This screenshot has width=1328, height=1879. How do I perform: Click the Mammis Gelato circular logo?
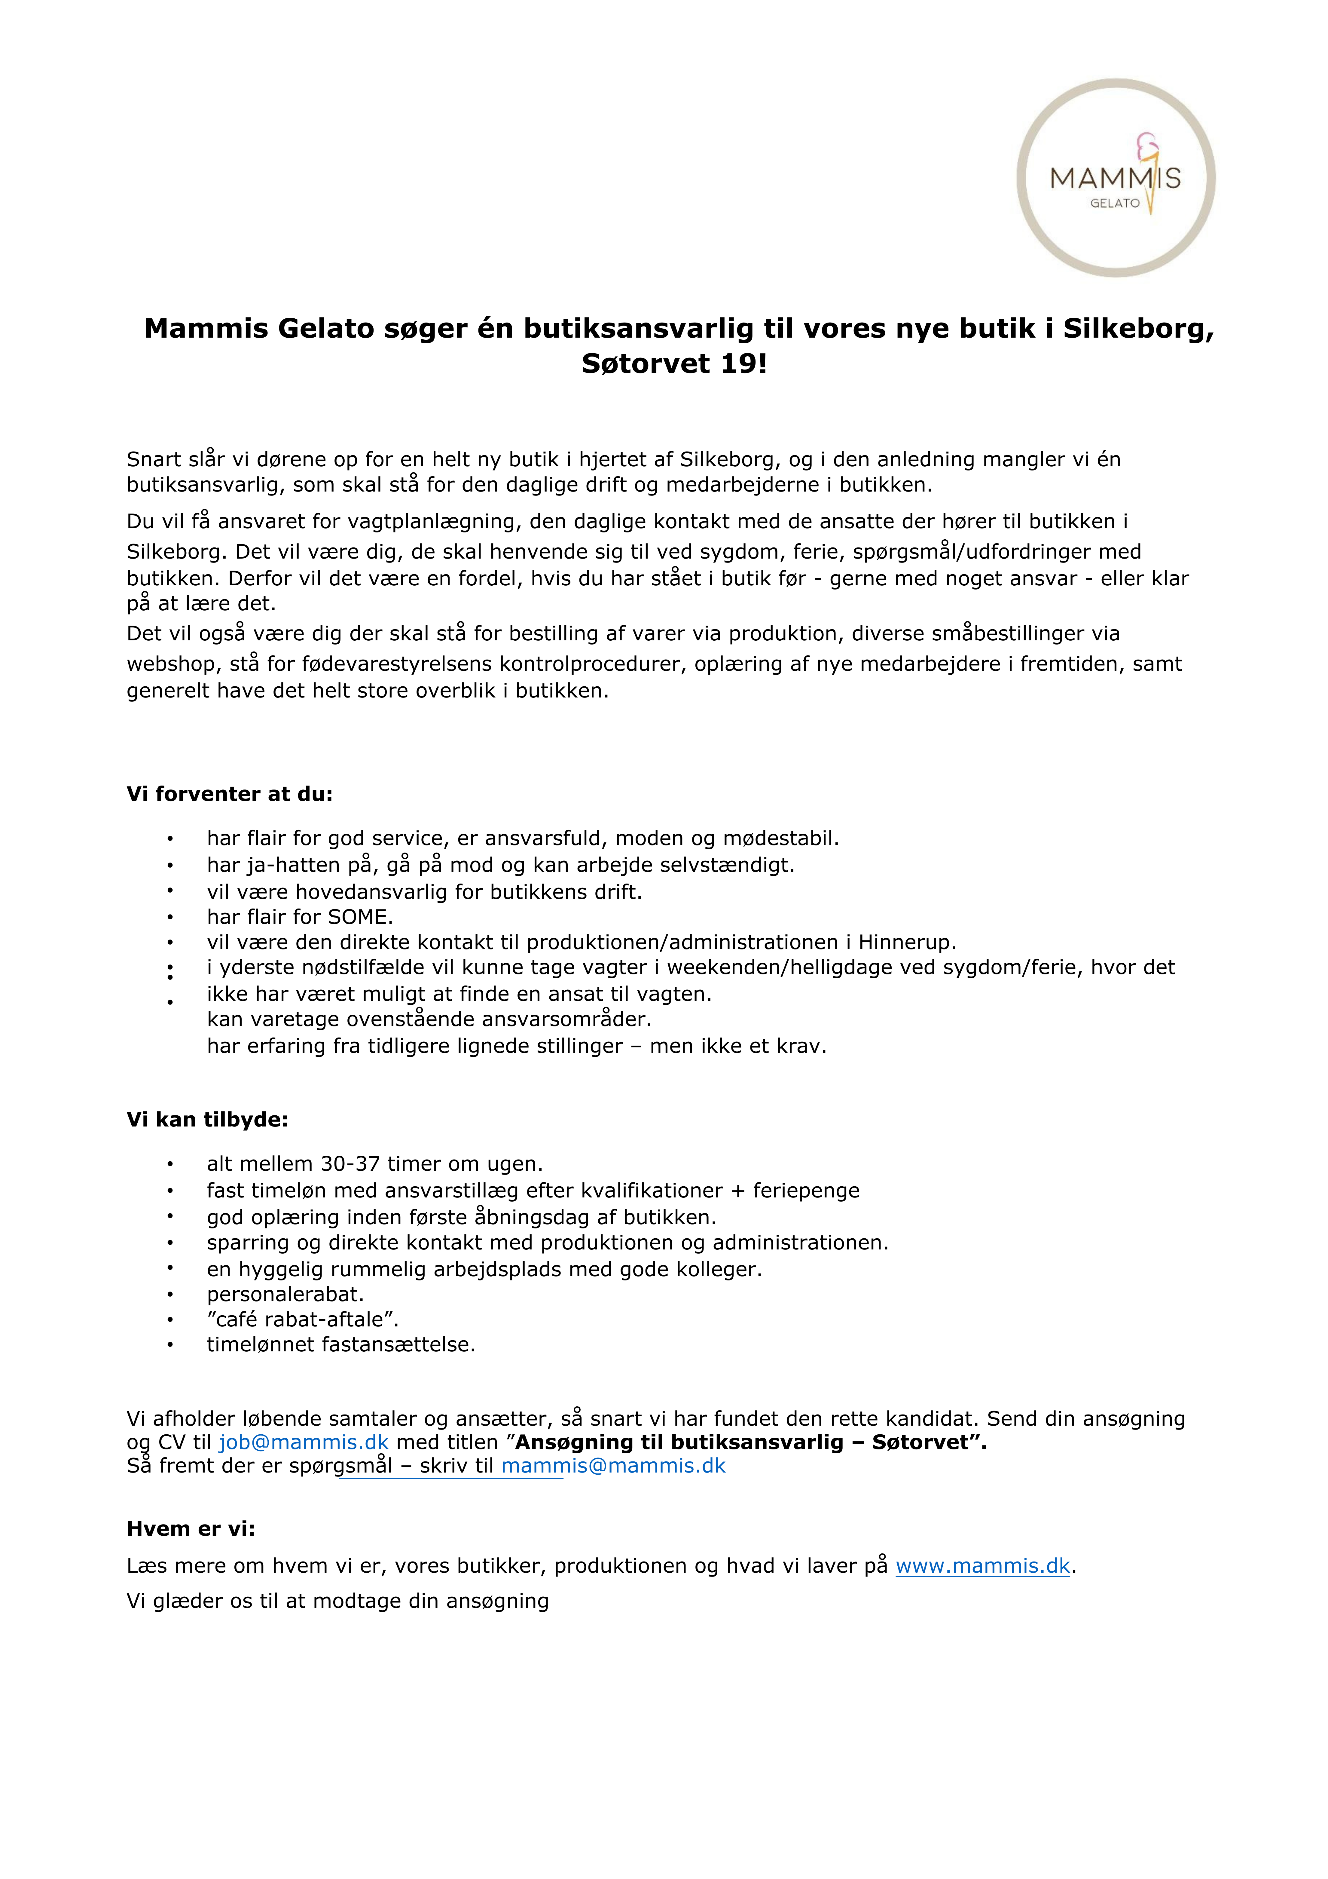(1115, 178)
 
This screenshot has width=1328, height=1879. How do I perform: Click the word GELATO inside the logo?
(1114, 203)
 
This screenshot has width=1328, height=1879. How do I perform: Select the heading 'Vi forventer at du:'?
(229, 794)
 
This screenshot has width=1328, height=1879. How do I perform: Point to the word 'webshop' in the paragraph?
(168, 664)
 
